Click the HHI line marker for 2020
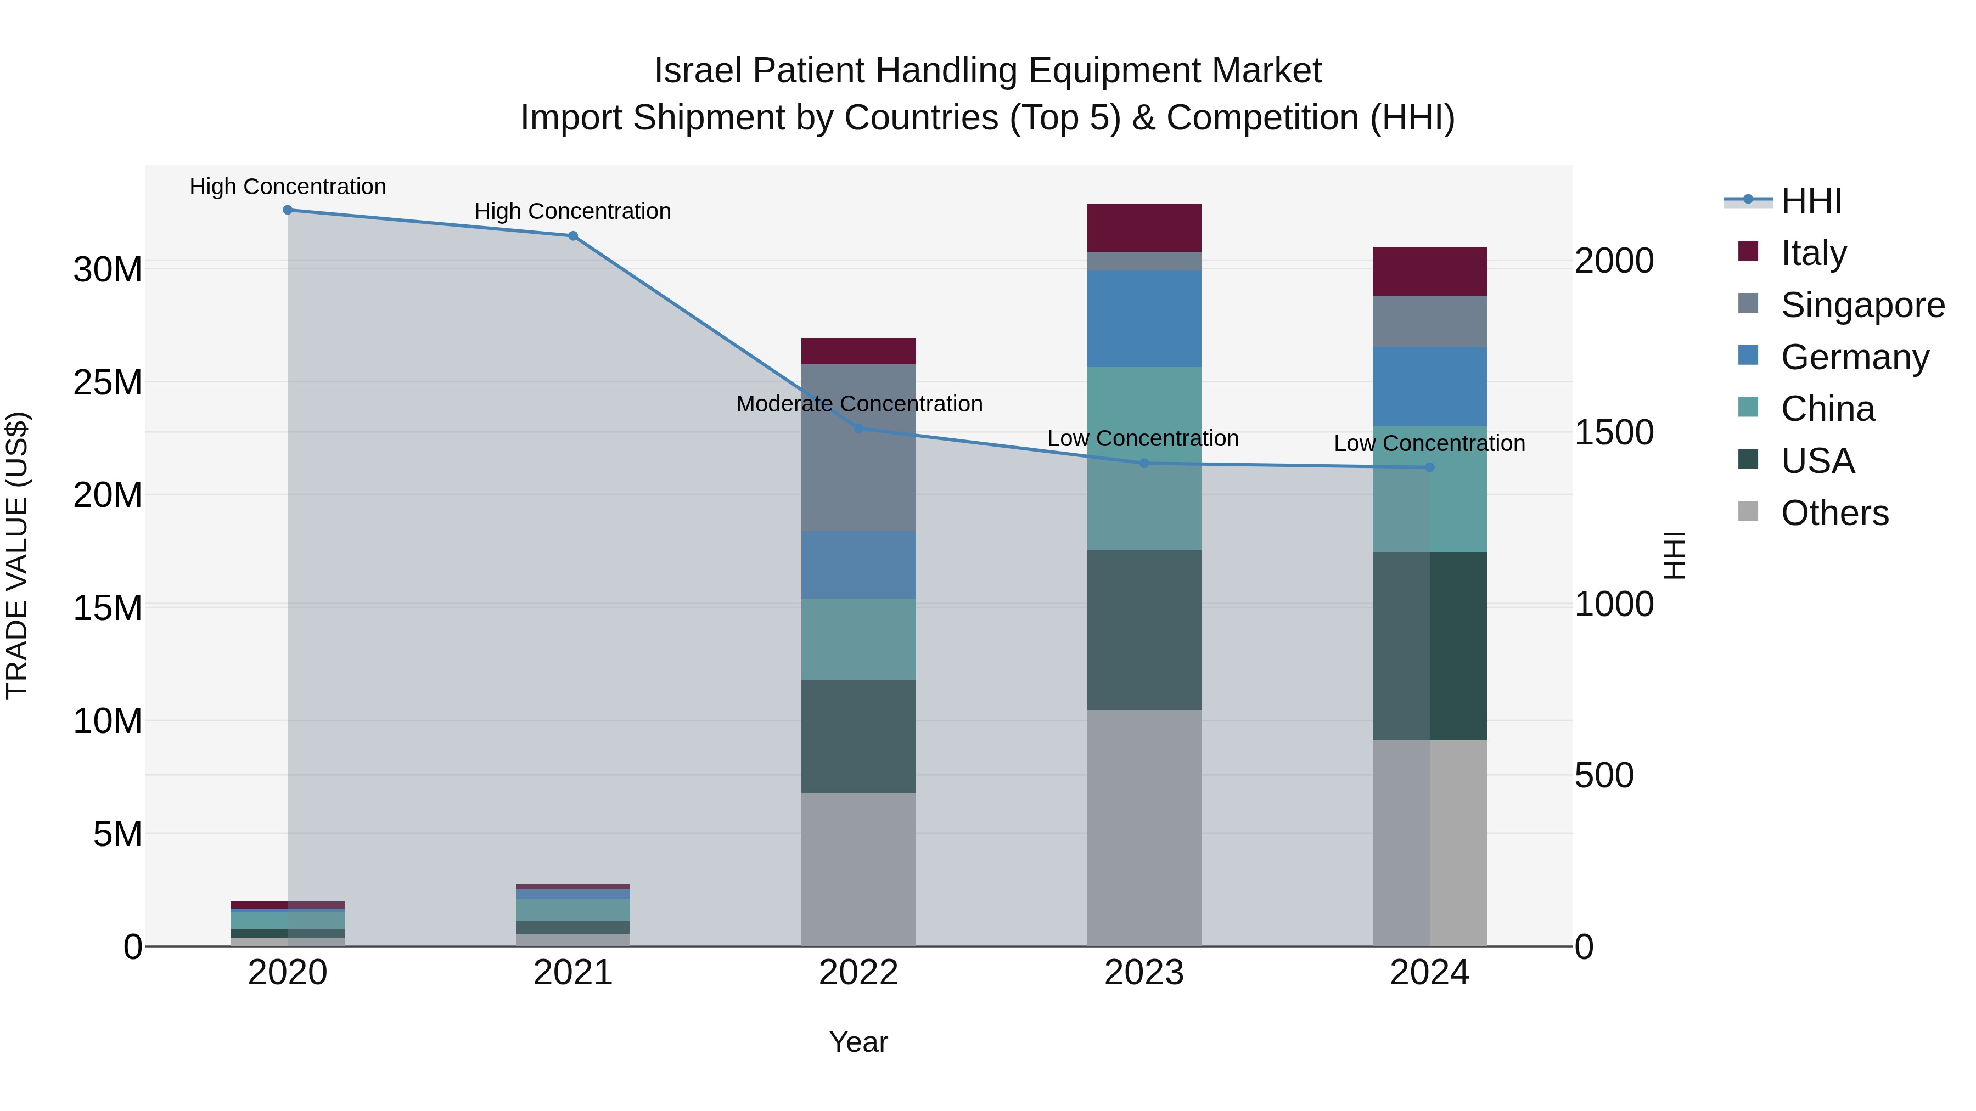[x=288, y=210]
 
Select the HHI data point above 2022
[x=858, y=428]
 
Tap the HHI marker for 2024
[x=1429, y=467]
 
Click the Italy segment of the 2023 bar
[x=1144, y=228]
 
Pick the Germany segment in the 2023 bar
[x=1144, y=318]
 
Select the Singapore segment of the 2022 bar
[x=858, y=448]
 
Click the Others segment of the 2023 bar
[x=1144, y=828]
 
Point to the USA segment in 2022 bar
[x=858, y=736]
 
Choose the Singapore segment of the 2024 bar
[x=1429, y=322]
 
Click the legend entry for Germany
[x=1854, y=357]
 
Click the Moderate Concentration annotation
[x=858, y=403]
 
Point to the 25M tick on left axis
[x=108, y=382]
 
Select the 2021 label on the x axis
[x=573, y=973]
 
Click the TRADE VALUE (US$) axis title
[x=17, y=555]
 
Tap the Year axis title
[x=858, y=1042]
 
